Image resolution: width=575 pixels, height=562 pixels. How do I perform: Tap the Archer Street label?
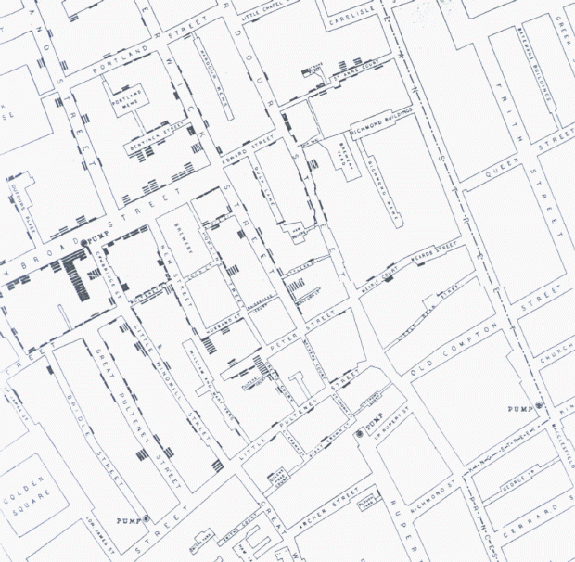(x=331, y=505)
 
